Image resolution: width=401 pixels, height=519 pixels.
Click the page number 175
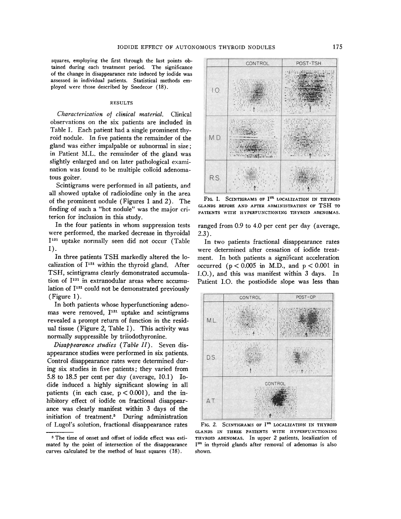337,47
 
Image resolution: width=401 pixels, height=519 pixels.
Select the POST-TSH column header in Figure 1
309,63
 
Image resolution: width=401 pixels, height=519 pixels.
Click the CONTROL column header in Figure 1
258,63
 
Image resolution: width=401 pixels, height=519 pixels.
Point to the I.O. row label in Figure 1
215,91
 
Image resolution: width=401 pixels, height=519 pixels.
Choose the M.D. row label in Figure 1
215,138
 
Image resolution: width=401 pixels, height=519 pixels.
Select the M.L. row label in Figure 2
212,321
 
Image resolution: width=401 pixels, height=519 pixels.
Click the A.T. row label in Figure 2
212,400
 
